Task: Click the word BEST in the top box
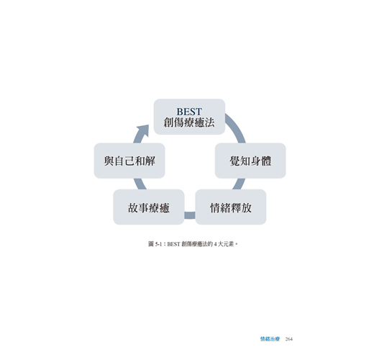point(189,112)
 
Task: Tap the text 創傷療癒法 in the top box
point(189,122)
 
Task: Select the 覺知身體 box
point(250,161)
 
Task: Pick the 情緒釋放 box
point(231,207)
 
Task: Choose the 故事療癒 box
point(149,207)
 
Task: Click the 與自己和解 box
point(129,161)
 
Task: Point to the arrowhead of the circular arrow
point(143,130)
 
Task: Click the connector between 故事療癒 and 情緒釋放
point(190,215)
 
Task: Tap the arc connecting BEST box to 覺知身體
point(236,127)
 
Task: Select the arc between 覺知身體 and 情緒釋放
point(240,184)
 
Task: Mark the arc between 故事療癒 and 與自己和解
point(140,184)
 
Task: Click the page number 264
point(289,339)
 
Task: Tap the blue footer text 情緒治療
point(270,339)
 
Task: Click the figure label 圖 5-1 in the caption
point(155,244)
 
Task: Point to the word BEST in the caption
point(173,244)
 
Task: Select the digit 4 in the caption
point(216,244)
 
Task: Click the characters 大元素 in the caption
point(226,244)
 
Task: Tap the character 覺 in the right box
point(235,161)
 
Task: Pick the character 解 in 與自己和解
point(150,161)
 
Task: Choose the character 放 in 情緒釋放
point(247,207)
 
